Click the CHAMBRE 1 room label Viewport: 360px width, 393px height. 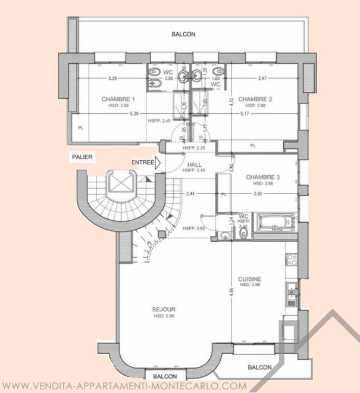(118, 99)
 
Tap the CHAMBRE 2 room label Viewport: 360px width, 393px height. (255, 99)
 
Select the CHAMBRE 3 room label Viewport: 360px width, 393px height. (262, 177)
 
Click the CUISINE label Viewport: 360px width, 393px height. (250, 279)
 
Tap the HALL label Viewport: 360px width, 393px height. (195, 164)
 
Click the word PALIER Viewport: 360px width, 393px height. (83, 157)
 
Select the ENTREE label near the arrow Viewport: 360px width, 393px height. (143, 162)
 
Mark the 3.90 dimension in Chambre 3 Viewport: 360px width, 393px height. (257, 194)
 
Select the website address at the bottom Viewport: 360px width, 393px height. (125, 386)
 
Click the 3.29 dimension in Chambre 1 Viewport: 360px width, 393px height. (112, 78)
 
